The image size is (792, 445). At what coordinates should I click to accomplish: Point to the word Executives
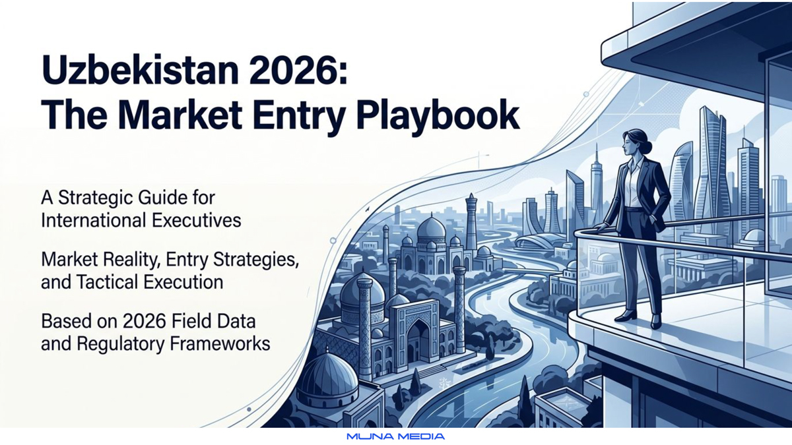[x=197, y=220]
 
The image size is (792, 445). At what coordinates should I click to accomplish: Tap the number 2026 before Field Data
[x=145, y=322]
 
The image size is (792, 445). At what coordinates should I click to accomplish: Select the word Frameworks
[x=220, y=344]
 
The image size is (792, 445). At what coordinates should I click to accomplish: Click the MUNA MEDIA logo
[x=395, y=436]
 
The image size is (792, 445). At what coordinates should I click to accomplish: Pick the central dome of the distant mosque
[x=431, y=228]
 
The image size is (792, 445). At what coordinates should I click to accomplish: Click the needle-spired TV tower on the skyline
[x=596, y=184]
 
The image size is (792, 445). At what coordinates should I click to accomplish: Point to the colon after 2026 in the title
[x=343, y=74]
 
